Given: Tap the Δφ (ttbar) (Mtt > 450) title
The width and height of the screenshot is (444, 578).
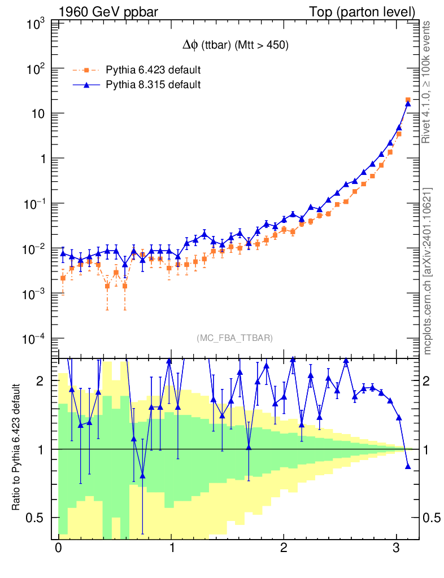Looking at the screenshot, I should click(233, 46).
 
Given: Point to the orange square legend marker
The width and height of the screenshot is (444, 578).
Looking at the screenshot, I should click(86, 71).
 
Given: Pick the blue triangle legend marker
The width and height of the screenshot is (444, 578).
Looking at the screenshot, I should click(86, 85).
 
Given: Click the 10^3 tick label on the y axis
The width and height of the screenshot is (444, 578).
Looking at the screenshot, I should click(36, 24).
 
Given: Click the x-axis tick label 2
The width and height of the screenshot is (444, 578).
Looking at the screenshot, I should click(284, 549).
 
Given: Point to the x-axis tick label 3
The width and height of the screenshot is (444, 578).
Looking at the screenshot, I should click(397, 549).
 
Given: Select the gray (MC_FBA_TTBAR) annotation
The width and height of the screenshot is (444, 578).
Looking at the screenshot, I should click(235, 338).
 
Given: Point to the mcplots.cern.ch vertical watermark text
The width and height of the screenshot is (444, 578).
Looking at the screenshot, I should click(428, 271).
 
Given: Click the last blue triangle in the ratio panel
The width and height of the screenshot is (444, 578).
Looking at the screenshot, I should click(408, 466).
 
